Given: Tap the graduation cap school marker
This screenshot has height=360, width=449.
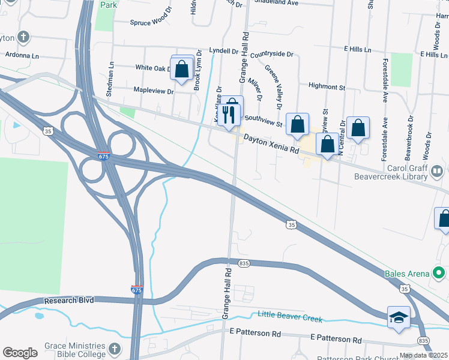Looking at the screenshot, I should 399,318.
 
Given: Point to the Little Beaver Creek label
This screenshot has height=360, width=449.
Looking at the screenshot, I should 290,316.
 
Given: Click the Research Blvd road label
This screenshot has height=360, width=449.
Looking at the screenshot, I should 69,300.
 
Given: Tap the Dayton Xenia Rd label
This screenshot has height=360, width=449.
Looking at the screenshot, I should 271,144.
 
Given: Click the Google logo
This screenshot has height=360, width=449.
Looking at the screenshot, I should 20,353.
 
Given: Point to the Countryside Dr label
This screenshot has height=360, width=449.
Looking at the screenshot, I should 272,54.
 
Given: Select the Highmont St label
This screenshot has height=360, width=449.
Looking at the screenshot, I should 327,86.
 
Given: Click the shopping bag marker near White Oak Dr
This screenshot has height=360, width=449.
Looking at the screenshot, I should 182,68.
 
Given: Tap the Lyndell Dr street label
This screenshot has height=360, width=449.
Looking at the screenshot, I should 224,51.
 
